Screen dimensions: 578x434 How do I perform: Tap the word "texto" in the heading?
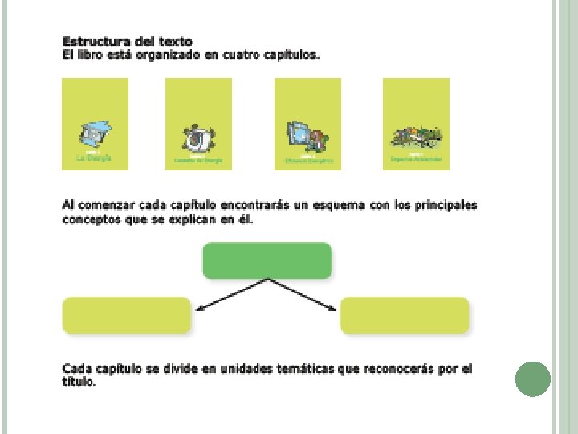click(x=175, y=41)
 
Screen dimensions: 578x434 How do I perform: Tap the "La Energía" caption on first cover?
click(x=95, y=158)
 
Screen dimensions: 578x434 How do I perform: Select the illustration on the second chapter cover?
click(x=197, y=138)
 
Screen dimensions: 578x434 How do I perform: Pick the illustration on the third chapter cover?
click(x=307, y=137)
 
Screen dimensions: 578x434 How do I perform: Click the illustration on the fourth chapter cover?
click(x=416, y=137)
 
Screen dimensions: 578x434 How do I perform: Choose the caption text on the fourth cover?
click(x=416, y=159)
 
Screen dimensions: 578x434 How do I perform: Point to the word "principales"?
click(x=446, y=205)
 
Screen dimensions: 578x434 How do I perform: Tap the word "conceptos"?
click(x=89, y=219)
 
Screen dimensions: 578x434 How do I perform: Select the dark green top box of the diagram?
click(x=267, y=260)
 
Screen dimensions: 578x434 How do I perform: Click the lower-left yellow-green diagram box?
click(x=127, y=315)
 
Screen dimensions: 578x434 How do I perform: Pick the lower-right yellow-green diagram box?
click(x=405, y=315)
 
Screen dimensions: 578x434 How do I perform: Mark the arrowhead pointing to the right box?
click(x=332, y=308)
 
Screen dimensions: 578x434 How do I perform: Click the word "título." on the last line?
click(x=79, y=383)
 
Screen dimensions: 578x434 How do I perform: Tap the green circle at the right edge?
click(x=532, y=379)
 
